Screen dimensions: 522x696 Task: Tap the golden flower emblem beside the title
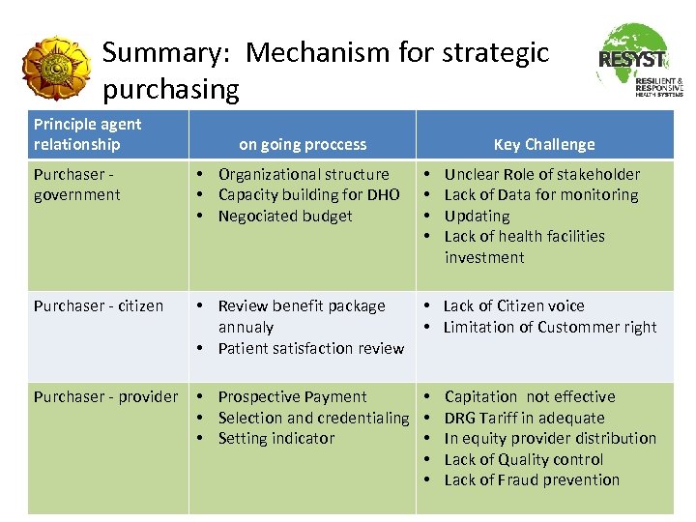pos(57,71)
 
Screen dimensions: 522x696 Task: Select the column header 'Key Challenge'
pos(544,145)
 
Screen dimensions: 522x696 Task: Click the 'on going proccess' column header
pos(303,145)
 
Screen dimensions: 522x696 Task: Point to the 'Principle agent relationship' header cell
pos(88,134)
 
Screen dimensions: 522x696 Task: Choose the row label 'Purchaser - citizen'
pos(99,306)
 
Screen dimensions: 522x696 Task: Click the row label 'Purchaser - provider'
pos(106,397)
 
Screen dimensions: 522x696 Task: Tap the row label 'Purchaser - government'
pos(77,185)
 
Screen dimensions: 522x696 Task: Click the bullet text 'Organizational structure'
pos(304,175)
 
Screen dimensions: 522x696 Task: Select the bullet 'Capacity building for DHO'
pos(308,195)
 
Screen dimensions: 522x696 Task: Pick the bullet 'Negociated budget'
pos(285,217)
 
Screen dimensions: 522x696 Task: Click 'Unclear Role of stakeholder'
pos(541,175)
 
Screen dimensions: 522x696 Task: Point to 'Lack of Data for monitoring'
pos(541,195)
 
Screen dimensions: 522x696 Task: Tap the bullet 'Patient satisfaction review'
pos(310,348)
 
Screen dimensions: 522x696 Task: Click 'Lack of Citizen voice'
pos(513,306)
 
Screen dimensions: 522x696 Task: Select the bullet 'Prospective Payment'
pos(292,397)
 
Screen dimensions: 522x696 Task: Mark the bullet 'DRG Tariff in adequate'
pos(524,419)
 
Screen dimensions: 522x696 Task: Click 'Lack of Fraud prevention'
pos(532,480)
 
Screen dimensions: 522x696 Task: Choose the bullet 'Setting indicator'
pos(275,439)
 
